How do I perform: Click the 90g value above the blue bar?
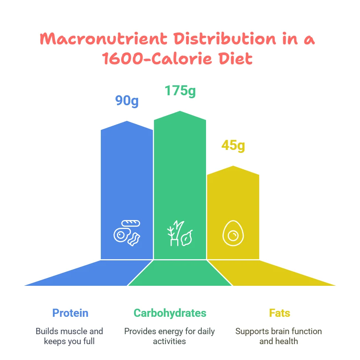click(127, 100)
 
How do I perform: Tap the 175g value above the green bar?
click(180, 90)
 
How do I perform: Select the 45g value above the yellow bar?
click(233, 145)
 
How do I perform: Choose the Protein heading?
click(70, 313)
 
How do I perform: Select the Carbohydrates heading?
click(170, 313)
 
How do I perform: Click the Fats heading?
click(280, 313)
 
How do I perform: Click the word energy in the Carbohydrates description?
click(170, 331)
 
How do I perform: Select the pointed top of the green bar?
click(180, 111)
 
